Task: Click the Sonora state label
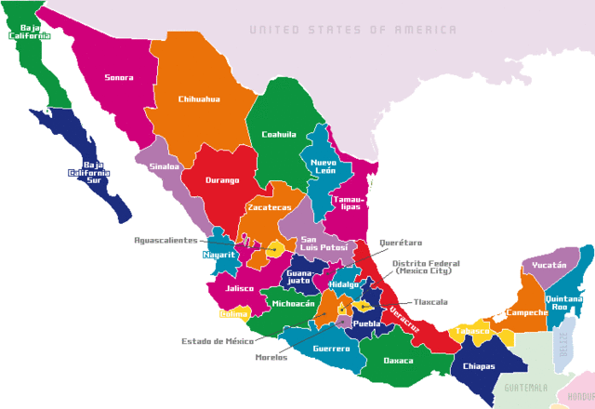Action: pyautogui.click(x=118, y=78)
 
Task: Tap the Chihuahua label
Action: pyautogui.click(x=199, y=99)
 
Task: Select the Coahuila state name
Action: pyautogui.click(x=279, y=134)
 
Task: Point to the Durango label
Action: pyautogui.click(x=223, y=180)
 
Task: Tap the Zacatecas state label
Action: pyautogui.click(x=269, y=207)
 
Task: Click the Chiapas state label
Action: pyautogui.click(x=475, y=365)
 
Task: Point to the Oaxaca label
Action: pyautogui.click(x=400, y=361)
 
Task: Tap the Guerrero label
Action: pyautogui.click(x=332, y=349)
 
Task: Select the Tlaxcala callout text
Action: pyautogui.click(x=430, y=302)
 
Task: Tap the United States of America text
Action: pyautogui.click(x=352, y=30)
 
